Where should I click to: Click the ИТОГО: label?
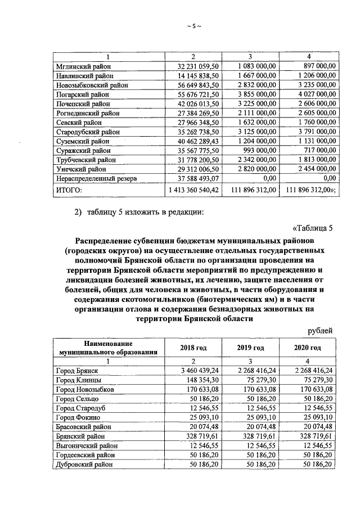click(69, 191)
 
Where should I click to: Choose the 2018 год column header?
click(193, 348)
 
